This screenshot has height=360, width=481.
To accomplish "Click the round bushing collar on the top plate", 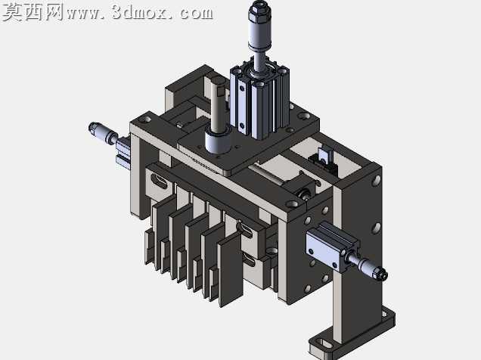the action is (x=217, y=142).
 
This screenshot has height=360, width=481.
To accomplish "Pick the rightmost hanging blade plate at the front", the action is (x=231, y=270).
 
